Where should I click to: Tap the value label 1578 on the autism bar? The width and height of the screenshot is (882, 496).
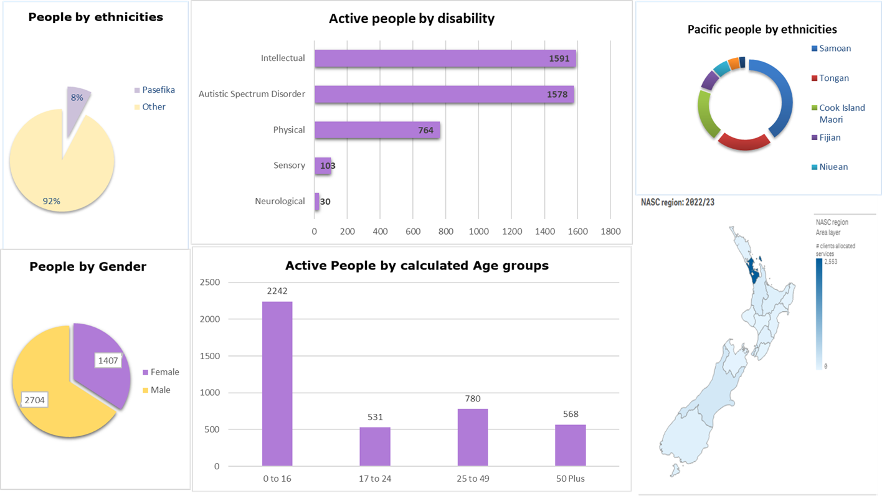557,95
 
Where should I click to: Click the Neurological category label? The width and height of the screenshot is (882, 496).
280,201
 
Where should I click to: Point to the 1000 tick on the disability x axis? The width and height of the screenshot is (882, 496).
478,232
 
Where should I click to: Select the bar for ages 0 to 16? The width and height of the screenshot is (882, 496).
277,383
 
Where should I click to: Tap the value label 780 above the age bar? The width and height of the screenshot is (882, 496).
473,399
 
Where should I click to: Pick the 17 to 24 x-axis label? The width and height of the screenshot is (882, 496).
375,479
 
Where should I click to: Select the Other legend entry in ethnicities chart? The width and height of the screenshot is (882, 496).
153,107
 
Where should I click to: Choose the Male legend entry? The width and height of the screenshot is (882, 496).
160,390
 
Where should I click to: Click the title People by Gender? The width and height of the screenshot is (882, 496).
88,267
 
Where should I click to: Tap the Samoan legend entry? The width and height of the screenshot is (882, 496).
835,49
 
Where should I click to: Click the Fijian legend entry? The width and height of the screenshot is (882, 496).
830,138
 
